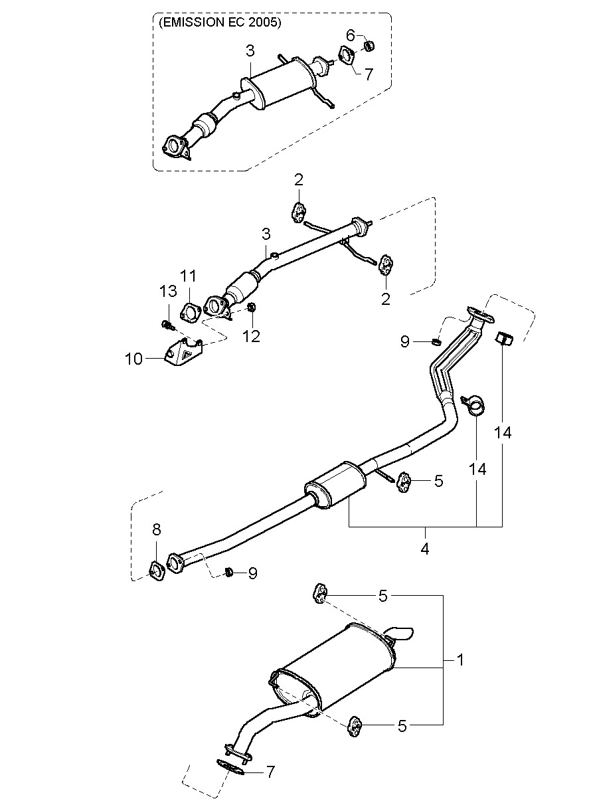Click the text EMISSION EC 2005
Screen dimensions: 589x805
[220, 23]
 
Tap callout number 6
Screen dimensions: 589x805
[351, 35]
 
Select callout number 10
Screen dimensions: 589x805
[133, 359]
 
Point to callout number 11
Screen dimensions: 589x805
[189, 276]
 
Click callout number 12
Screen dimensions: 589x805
[251, 336]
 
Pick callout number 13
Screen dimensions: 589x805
[168, 291]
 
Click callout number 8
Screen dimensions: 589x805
[157, 529]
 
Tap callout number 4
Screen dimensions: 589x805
[425, 549]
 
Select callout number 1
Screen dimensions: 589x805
[460, 660]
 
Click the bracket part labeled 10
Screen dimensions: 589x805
[183, 353]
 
